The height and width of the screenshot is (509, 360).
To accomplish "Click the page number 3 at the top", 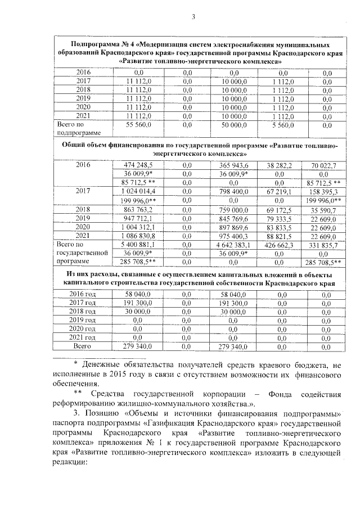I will (x=192, y=16).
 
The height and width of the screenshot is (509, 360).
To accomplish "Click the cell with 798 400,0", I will (x=235, y=192).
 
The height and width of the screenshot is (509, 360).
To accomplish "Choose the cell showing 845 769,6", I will (x=235, y=218).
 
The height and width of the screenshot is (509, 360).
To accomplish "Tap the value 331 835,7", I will (x=323, y=245).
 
